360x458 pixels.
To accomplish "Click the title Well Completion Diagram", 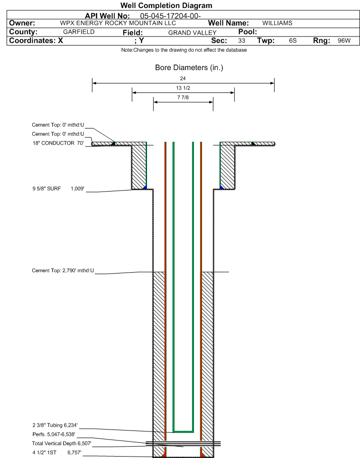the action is (166, 6).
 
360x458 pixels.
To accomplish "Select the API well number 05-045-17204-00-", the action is (170, 16).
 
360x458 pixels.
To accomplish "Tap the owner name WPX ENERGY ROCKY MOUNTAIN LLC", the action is (118, 23).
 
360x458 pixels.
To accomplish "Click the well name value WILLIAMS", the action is (277, 23).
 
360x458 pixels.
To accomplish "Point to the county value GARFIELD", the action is (79, 32).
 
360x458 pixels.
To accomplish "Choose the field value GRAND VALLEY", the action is (192, 33).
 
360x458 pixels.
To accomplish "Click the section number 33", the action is (241, 41).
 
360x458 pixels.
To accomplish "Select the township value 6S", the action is (293, 41).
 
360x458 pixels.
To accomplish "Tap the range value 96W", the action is (344, 41).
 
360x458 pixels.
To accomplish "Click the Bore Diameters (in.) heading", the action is (189, 67).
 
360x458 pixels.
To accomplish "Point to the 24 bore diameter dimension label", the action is (183, 78).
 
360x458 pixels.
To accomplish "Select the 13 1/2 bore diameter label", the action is (183, 88).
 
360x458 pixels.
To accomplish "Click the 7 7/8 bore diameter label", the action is (183, 97).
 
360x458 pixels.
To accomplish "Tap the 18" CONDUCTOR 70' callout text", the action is (58, 143).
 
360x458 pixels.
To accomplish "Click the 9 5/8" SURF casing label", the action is (47, 189).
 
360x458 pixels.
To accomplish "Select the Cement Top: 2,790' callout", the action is (63, 270).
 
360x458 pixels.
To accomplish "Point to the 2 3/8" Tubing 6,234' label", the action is (55, 425).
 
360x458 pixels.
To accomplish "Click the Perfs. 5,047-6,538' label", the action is (54, 434).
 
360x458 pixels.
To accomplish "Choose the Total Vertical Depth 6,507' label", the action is (62, 443).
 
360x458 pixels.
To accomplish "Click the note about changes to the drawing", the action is (184, 50).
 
